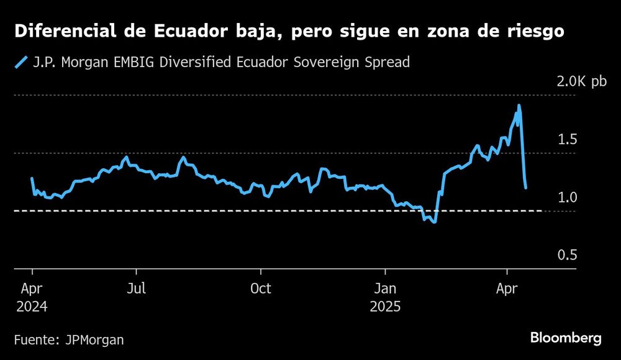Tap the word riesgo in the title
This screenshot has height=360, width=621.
[x=532, y=32]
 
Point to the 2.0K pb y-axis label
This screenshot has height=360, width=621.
[x=581, y=81]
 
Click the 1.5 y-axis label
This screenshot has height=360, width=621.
[x=567, y=139]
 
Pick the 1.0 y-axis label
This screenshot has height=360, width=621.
[x=567, y=197]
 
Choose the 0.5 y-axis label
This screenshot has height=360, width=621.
[x=567, y=255]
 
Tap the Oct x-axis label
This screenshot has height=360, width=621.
[x=260, y=289]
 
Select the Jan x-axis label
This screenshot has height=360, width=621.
[x=386, y=289]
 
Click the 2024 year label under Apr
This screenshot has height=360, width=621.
[x=31, y=307]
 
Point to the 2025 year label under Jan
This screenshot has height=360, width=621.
[x=386, y=307]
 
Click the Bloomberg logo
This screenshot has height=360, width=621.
[x=566, y=338]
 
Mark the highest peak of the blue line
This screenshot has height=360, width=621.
[x=519, y=106]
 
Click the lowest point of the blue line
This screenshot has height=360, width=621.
[x=435, y=222]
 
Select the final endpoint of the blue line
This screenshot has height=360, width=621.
[x=526, y=187]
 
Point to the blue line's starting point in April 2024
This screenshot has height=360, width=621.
[x=32, y=179]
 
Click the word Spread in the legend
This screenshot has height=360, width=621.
[x=387, y=62]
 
